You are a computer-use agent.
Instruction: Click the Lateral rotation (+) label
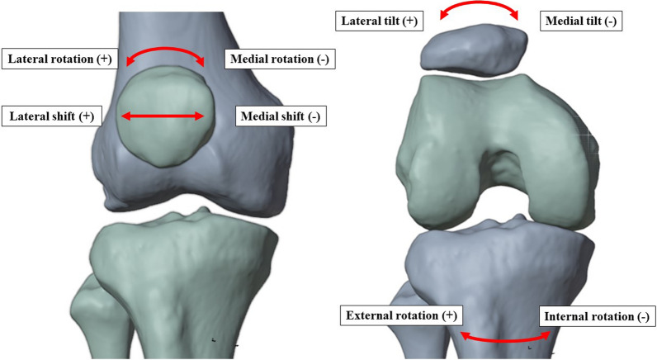click(x=59, y=59)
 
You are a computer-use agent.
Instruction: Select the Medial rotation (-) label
click(x=277, y=59)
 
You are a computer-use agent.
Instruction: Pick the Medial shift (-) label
click(x=281, y=116)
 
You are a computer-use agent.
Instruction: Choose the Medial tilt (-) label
click(x=579, y=21)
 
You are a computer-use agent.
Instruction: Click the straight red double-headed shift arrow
click(x=162, y=116)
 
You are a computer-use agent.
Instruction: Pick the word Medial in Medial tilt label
click(x=564, y=21)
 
